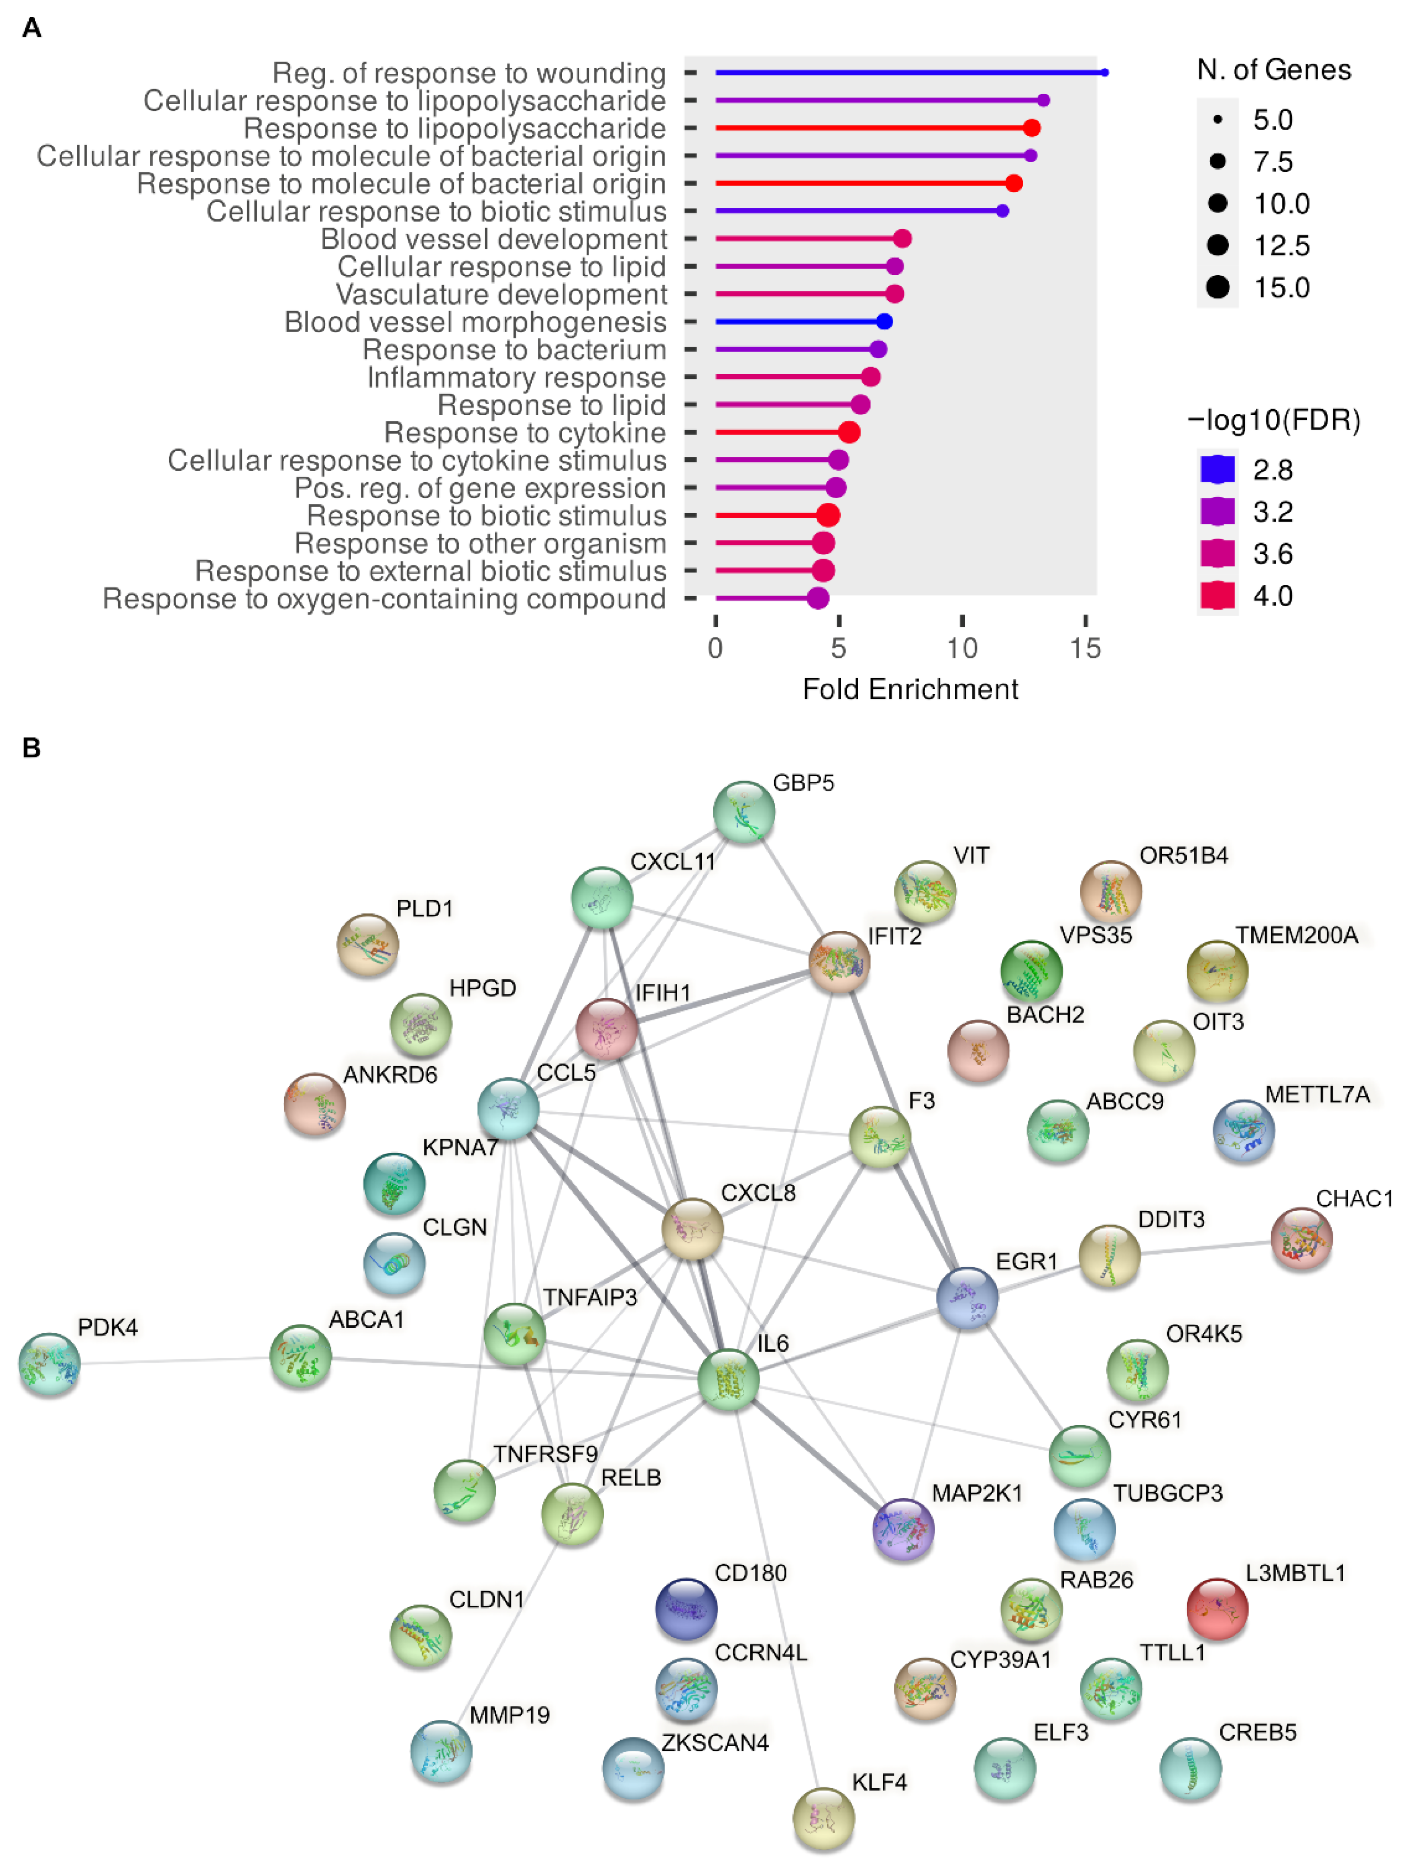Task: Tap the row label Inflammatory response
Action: [x=516, y=378]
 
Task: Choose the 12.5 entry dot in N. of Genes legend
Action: [x=1217, y=245]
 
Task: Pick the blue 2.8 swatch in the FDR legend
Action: [x=1217, y=469]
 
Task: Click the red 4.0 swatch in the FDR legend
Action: [x=1217, y=596]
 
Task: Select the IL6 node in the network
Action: [x=728, y=1379]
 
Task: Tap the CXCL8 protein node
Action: [x=693, y=1229]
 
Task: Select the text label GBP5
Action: [x=803, y=783]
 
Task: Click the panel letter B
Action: [x=31, y=747]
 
